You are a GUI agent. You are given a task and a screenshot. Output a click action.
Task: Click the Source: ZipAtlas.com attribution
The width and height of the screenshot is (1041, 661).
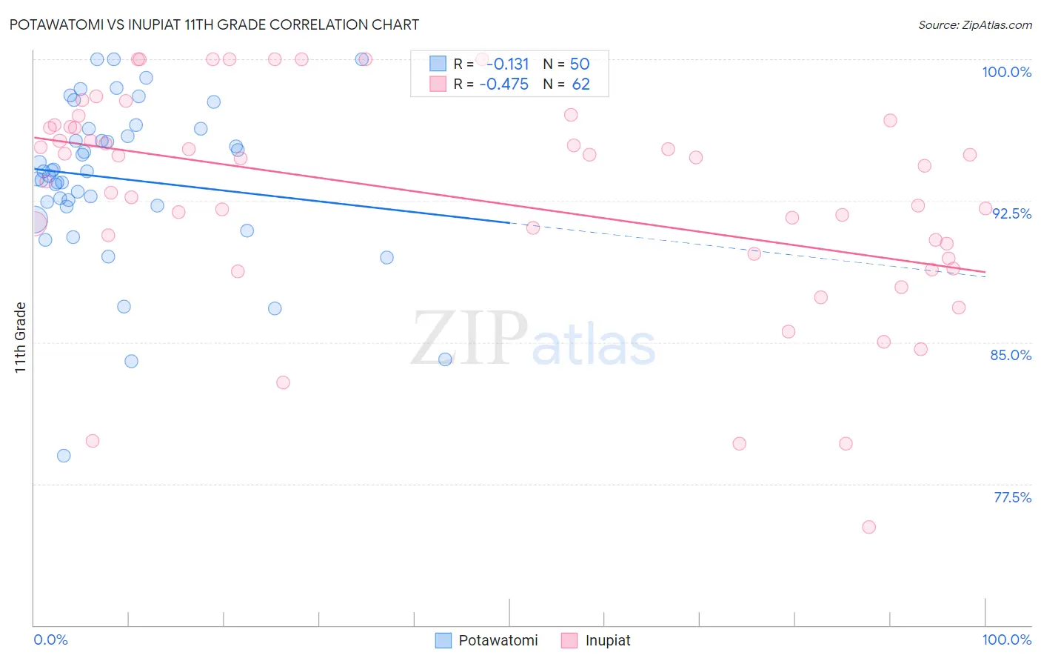(x=974, y=24)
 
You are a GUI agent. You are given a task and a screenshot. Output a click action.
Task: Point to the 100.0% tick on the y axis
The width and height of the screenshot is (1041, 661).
(x=1006, y=72)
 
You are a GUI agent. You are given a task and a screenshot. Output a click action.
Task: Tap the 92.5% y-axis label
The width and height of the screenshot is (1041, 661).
(x=1011, y=213)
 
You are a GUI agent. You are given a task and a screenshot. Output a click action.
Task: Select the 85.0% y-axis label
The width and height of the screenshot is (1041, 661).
(x=1011, y=355)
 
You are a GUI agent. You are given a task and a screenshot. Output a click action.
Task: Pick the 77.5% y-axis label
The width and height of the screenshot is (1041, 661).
(x=1012, y=497)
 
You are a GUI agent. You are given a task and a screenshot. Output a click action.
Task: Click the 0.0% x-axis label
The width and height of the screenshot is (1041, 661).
(x=50, y=640)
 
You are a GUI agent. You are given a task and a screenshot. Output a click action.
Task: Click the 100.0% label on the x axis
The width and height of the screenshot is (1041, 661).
(x=1006, y=640)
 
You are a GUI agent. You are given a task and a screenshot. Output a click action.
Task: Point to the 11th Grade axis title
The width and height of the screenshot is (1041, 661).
(x=21, y=337)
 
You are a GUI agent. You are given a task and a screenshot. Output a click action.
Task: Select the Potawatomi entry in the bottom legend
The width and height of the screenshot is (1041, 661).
(x=498, y=640)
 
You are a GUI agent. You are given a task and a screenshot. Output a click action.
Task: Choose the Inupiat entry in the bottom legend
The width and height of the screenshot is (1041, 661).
(x=607, y=640)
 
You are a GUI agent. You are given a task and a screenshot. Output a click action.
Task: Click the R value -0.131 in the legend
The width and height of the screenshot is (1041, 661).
(x=507, y=64)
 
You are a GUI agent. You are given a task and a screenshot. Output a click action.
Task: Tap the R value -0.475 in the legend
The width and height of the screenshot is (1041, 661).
(x=504, y=84)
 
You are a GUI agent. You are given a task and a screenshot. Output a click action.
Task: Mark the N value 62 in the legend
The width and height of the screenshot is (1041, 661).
(x=580, y=84)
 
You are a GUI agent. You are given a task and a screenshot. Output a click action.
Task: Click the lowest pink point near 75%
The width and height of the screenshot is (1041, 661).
(x=868, y=527)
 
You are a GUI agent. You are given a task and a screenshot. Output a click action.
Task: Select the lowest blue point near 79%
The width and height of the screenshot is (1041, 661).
(x=64, y=456)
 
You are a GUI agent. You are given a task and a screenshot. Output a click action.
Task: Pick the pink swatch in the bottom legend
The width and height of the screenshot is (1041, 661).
(x=569, y=640)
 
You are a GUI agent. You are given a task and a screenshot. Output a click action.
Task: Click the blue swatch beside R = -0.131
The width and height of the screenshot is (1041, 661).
(x=438, y=64)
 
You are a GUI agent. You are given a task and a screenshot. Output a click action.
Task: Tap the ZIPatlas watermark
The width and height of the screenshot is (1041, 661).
(x=533, y=338)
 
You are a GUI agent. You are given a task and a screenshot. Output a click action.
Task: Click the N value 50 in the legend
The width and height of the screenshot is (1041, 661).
(x=580, y=64)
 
